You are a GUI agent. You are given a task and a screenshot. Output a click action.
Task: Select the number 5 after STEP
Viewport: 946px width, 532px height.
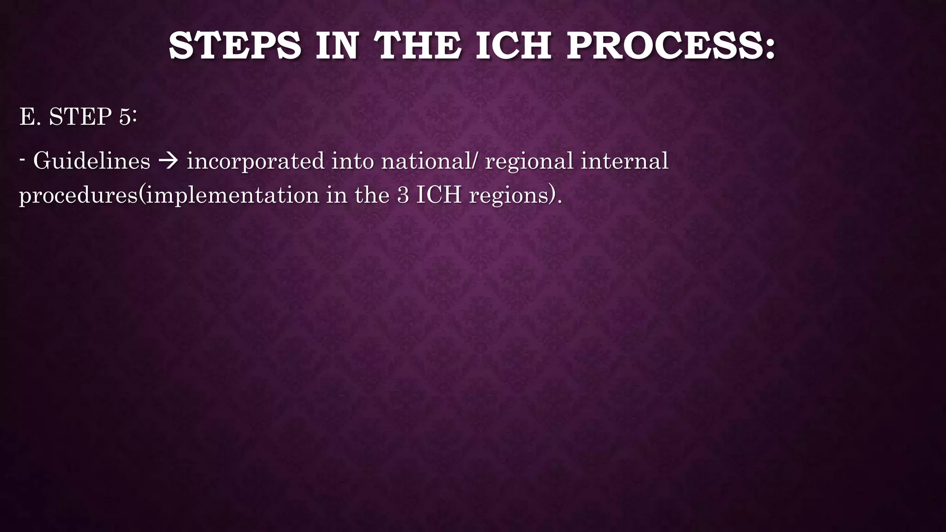pyautogui.click(x=125, y=116)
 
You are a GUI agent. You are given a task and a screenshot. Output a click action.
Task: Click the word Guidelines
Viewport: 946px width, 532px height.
pyautogui.click(x=91, y=161)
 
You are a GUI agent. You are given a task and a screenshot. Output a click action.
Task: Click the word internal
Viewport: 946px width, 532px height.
pyautogui.click(x=624, y=161)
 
